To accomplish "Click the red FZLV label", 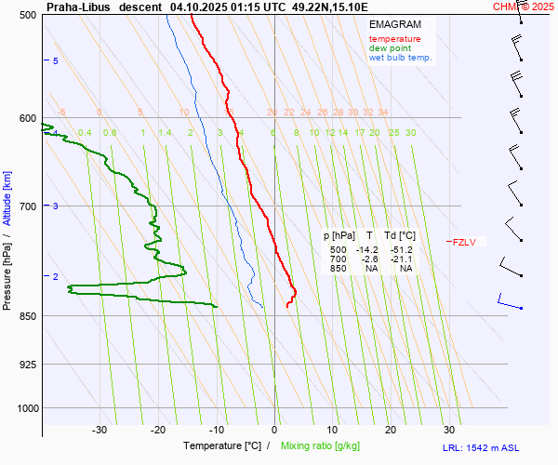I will (464, 243).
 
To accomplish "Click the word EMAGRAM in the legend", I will (395, 24).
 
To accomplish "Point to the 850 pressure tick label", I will (27, 316).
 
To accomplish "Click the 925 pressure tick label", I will (27, 365).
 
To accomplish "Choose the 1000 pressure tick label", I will (25, 408).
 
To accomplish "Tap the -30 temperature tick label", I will (100, 430).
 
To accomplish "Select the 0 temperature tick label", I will (274, 430).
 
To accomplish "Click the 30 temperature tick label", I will (449, 430).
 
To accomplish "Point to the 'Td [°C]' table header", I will (400, 236).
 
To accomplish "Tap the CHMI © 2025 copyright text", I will (523, 7).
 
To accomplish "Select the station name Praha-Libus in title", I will (78, 7).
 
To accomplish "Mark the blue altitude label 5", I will (56, 60).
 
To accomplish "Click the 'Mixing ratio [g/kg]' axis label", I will (325, 446).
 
